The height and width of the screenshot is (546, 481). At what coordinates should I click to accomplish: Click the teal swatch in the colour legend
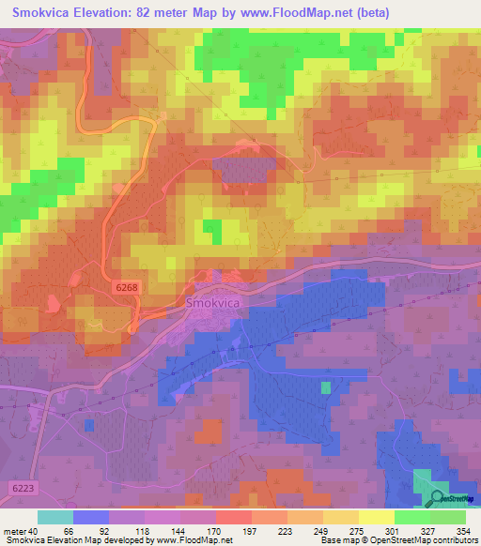coord(55,517)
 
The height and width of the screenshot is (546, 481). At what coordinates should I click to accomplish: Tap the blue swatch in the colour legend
coord(91,517)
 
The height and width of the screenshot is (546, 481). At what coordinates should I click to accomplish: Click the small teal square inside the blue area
coord(326,387)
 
